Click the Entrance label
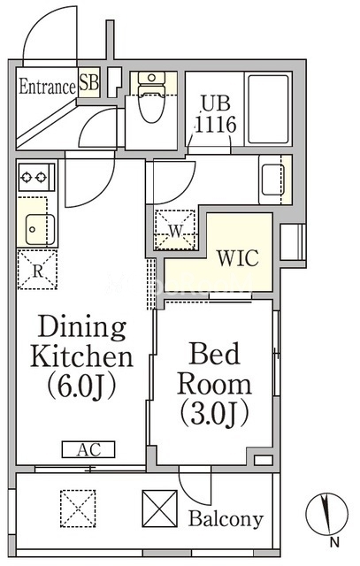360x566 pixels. click(47, 87)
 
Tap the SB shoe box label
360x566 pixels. click(88, 82)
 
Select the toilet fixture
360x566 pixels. click(151, 96)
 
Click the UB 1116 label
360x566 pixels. click(216, 114)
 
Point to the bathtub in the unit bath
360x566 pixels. click(268, 110)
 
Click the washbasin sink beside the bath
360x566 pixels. click(272, 180)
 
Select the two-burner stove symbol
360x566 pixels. click(36, 177)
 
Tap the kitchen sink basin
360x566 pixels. click(40, 229)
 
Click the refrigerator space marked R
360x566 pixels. click(37, 269)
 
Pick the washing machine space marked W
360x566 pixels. click(175, 230)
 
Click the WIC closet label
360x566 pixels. click(238, 257)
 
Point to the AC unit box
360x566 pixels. click(88, 449)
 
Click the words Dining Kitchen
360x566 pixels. click(82, 341)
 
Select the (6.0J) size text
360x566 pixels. click(82, 386)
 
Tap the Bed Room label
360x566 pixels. click(214, 368)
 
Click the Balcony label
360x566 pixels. click(226, 519)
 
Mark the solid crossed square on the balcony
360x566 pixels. click(159, 509)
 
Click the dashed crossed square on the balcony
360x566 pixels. click(78, 509)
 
